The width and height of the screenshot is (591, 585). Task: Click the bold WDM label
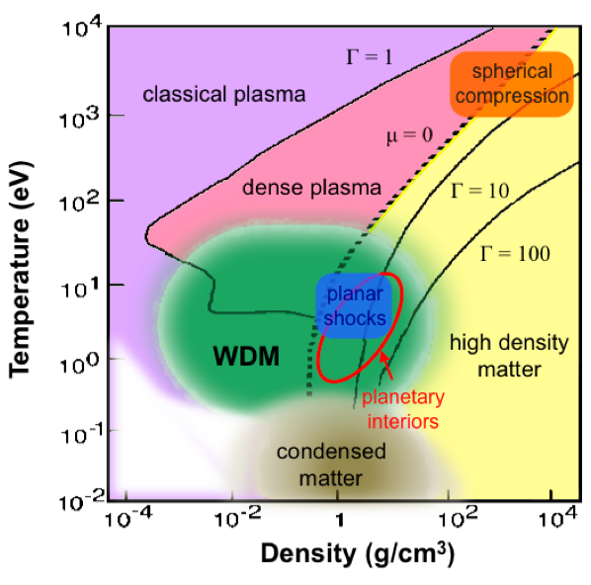(x=246, y=356)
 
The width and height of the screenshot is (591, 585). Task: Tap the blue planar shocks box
(x=354, y=305)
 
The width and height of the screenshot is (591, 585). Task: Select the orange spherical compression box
(x=512, y=84)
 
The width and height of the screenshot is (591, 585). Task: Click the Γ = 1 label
(x=370, y=57)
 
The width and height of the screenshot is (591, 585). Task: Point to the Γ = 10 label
(x=479, y=191)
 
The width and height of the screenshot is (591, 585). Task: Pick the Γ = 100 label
(x=515, y=253)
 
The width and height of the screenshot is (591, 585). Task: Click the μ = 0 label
(x=409, y=135)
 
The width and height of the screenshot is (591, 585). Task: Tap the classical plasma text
(x=224, y=94)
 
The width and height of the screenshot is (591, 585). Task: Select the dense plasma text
(x=311, y=188)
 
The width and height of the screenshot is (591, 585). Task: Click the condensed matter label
(x=331, y=464)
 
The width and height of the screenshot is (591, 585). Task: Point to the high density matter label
(x=509, y=356)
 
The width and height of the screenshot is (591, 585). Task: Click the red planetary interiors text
(x=403, y=409)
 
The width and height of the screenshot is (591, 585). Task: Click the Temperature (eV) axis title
(x=20, y=269)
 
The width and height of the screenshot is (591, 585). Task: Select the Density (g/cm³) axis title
(x=358, y=554)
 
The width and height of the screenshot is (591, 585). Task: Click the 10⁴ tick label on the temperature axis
(x=81, y=27)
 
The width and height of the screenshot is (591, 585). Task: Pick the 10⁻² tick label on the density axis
(x=237, y=518)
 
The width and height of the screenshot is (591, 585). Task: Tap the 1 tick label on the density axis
(x=340, y=521)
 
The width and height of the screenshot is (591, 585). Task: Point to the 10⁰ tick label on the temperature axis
(x=79, y=363)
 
